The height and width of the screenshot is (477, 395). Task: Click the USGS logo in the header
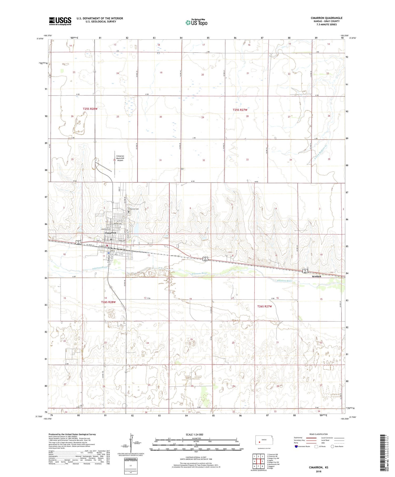tap(60, 21)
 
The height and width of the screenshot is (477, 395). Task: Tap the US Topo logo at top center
tap(196, 22)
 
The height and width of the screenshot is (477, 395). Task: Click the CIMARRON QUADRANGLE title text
tap(326, 18)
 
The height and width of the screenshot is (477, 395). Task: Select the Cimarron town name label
tap(110, 233)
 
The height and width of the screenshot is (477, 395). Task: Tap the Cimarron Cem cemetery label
tap(134, 209)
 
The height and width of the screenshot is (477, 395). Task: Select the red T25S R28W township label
tap(90, 109)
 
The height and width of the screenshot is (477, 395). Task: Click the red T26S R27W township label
tap(264, 306)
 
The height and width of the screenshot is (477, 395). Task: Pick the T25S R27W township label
tap(240, 110)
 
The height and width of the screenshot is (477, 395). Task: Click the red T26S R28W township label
tap(108, 302)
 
